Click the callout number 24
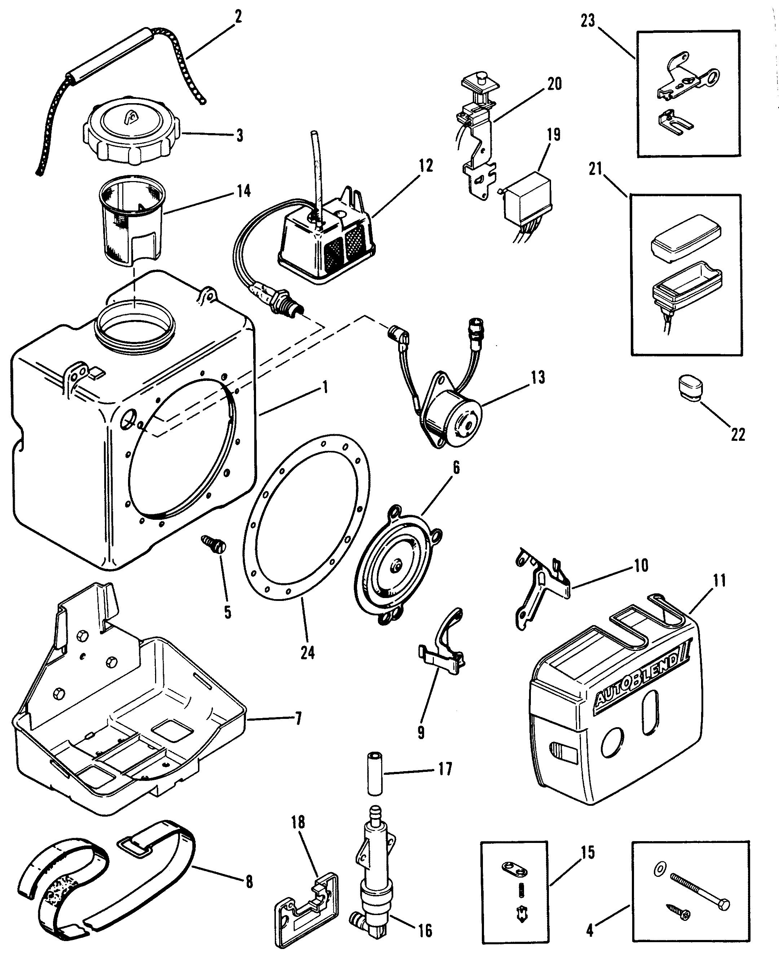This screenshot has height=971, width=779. point(308,653)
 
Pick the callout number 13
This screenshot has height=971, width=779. point(538,377)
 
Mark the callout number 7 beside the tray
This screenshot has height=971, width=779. point(297,719)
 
